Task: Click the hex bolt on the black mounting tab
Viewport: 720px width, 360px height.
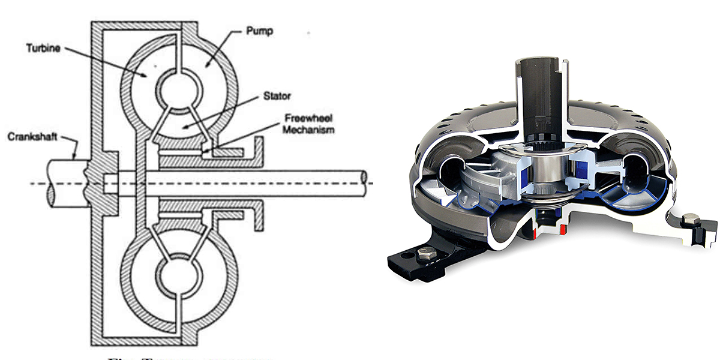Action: click(424, 258)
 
